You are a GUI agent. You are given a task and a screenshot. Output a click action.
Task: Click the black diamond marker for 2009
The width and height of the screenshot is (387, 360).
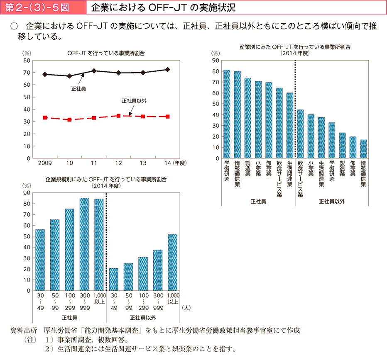coord(45,74)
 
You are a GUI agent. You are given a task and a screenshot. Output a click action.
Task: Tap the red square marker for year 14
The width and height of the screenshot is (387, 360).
coord(167,117)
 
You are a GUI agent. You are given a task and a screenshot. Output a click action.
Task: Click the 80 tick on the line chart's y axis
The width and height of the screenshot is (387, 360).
coord(27,60)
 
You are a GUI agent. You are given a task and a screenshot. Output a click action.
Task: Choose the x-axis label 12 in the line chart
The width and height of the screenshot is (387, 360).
coord(118,163)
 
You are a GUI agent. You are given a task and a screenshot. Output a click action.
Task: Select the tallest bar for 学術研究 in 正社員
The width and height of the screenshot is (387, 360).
coord(227,114)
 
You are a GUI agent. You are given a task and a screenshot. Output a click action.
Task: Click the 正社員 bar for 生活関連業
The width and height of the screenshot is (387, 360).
coord(290,125)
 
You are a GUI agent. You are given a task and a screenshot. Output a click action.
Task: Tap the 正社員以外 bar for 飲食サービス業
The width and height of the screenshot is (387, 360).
coord(300,134)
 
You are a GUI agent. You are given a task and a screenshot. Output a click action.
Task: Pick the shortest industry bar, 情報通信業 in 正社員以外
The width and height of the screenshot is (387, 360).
coord(363,149)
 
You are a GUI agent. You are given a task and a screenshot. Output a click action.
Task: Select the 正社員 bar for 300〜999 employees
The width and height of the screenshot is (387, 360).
coord(84,244)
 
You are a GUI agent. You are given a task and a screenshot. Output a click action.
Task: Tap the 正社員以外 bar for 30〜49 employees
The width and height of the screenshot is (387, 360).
coord(113,279)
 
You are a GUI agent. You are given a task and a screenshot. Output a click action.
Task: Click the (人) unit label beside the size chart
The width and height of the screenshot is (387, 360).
coord(186,308)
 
